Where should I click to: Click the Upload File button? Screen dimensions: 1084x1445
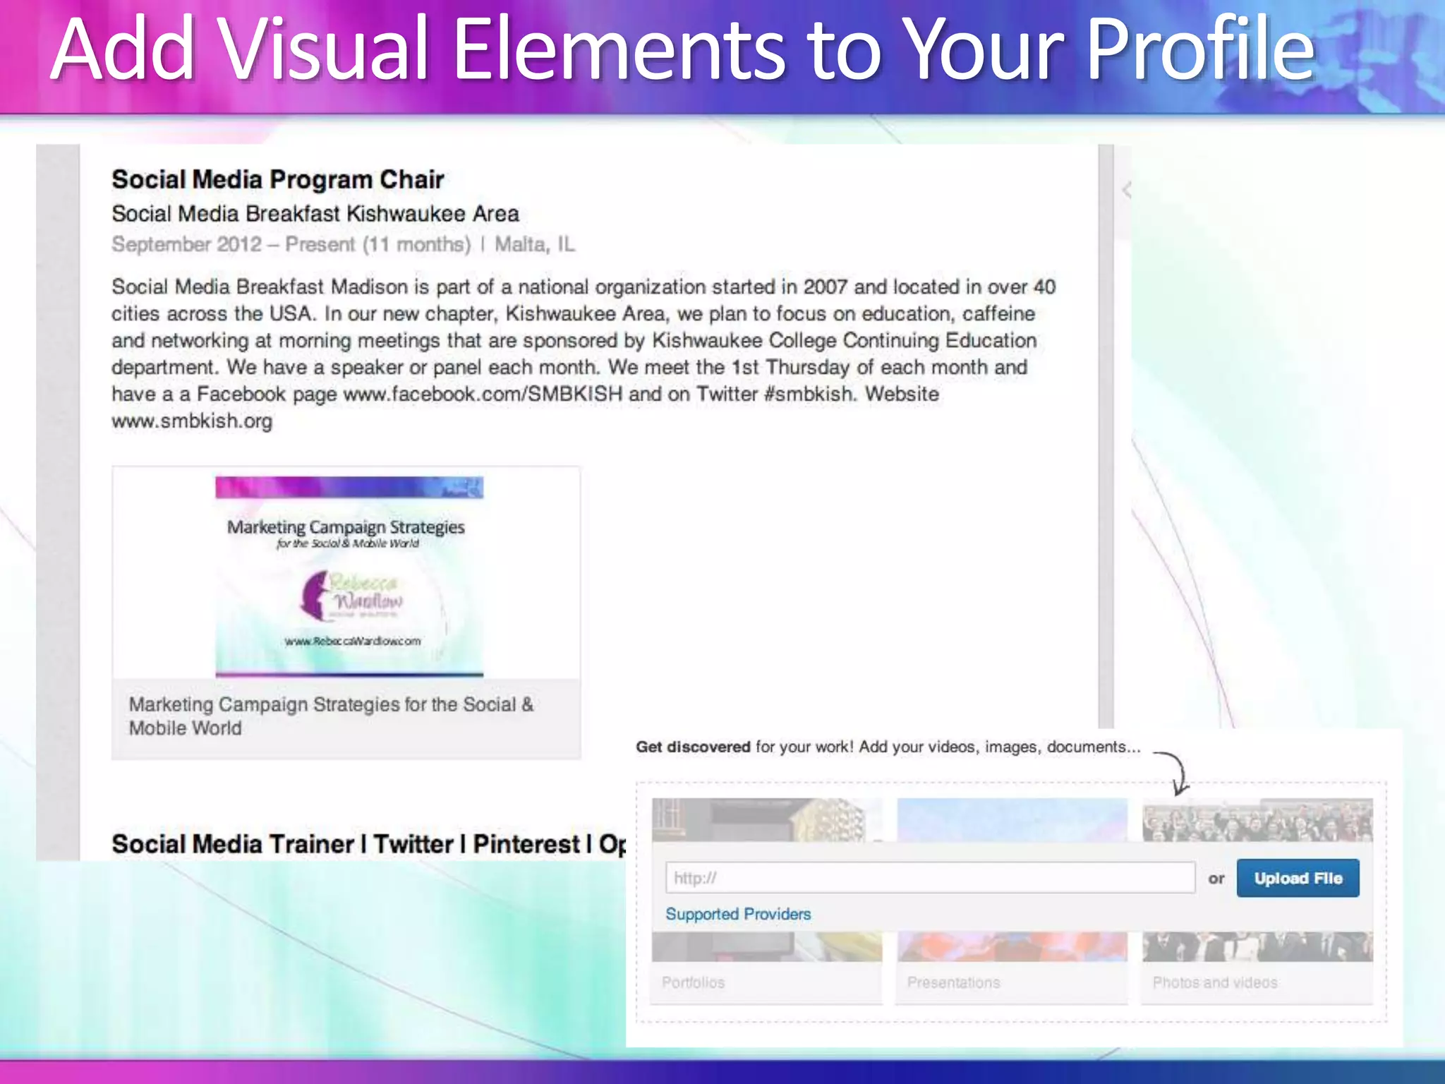click(1298, 878)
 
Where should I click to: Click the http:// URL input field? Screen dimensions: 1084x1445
click(929, 878)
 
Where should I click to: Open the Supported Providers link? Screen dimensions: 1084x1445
click(738, 914)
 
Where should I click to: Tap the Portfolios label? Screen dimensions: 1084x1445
click(693, 982)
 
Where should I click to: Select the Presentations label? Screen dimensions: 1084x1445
click(953, 982)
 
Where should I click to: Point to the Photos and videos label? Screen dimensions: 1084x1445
click(1214, 982)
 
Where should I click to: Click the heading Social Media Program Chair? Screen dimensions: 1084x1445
click(277, 179)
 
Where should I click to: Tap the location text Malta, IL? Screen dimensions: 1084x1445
click(534, 244)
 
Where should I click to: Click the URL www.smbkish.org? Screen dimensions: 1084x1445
click(192, 421)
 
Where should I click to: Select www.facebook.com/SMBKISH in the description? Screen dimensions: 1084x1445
click(483, 394)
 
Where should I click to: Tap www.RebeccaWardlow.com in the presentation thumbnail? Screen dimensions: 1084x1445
click(353, 641)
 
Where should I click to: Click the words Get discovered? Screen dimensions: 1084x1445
click(693, 747)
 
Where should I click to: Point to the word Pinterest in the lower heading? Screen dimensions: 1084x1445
click(526, 844)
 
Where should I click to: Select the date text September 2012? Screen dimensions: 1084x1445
click(187, 244)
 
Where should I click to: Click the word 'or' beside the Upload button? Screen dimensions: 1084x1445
click(1216, 879)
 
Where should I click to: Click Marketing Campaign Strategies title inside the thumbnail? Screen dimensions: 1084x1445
click(346, 527)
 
